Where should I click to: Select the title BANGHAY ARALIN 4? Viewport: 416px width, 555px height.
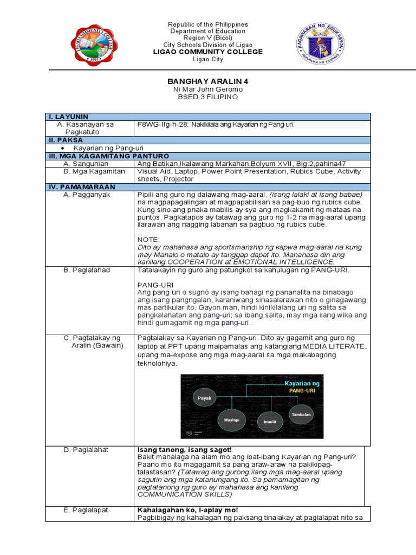tap(207, 81)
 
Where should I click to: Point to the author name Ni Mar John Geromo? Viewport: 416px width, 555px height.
tap(207, 89)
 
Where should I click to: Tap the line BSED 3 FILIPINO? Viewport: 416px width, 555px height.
tap(207, 96)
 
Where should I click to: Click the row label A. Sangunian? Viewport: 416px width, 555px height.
tap(86, 163)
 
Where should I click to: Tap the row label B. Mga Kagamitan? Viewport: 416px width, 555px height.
tap(92, 171)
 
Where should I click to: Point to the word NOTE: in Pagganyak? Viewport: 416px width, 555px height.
tap(149, 238)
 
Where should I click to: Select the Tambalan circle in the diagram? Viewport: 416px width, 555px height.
tap(301, 414)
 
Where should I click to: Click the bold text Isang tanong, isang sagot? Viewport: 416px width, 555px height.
tap(177, 450)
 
